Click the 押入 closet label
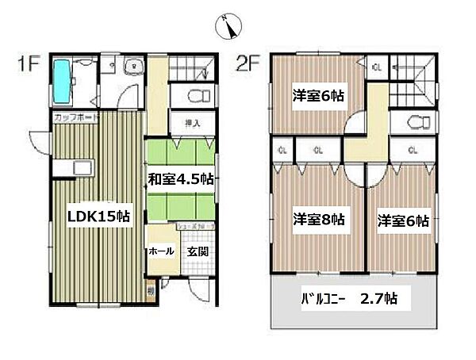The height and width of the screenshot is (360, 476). pos(191,124)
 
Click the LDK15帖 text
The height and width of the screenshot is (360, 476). pos(98,216)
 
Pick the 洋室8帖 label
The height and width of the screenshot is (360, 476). pos(318,220)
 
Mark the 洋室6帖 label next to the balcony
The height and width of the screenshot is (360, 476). pos(402,220)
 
